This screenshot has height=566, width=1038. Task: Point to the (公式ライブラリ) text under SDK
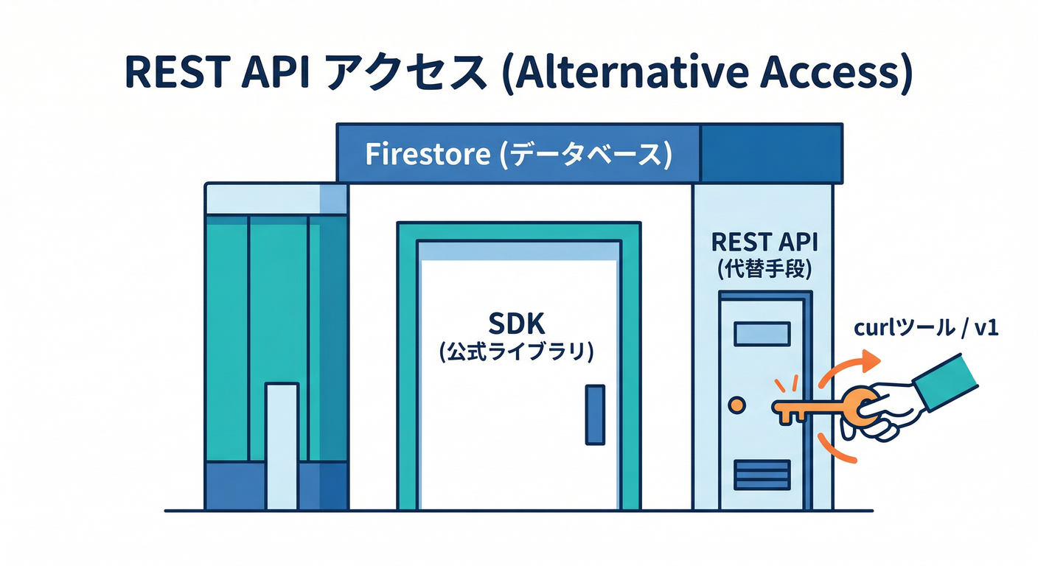click(516, 352)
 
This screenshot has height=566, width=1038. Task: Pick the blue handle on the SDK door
click(594, 414)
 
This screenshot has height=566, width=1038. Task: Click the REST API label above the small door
click(764, 242)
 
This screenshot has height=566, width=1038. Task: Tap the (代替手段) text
click(764, 270)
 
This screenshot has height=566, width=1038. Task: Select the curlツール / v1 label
click(926, 329)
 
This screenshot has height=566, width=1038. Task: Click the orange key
click(811, 407)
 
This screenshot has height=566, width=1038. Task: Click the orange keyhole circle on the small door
click(736, 405)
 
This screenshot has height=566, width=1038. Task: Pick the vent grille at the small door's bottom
click(762, 475)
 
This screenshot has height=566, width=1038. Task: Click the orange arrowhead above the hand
click(871, 359)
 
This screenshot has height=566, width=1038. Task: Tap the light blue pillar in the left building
click(282, 445)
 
